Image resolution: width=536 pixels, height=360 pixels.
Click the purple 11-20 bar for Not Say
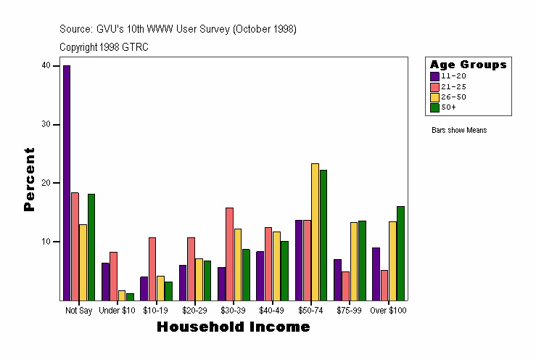pyautogui.click(x=67, y=182)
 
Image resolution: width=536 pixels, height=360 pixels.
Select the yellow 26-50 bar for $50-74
pyautogui.click(x=315, y=232)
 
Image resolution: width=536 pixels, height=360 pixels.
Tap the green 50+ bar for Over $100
pyautogui.click(x=400, y=253)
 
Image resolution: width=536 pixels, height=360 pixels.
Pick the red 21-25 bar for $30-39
pyautogui.click(x=229, y=253)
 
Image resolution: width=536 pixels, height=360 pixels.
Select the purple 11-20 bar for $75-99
pyautogui.click(x=337, y=279)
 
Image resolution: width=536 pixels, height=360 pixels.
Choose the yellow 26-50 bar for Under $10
pyautogui.click(x=122, y=295)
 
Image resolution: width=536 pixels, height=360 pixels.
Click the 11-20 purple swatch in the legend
pyautogui.click(x=434, y=76)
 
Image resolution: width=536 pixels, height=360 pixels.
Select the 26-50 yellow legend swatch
pyautogui.click(x=434, y=97)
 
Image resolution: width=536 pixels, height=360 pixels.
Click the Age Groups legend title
pyautogui.click(x=468, y=65)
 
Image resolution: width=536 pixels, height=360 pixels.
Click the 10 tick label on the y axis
pyautogui.click(x=46, y=242)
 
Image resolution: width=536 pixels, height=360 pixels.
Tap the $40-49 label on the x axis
pyautogui.click(x=272, y=311)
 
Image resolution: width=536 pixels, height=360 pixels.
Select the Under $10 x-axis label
pyautogui.click(x=117, y=311)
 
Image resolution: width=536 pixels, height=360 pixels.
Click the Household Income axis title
pyautogui.click(x=234, y=327)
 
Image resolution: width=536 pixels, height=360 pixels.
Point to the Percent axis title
pyautogui.click(x=30, y=179)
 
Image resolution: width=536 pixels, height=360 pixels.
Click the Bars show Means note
pyautogui.click(x=459, y=131)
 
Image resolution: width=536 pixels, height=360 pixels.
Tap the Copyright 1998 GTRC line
pyautogui.click(x=104, y=47)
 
